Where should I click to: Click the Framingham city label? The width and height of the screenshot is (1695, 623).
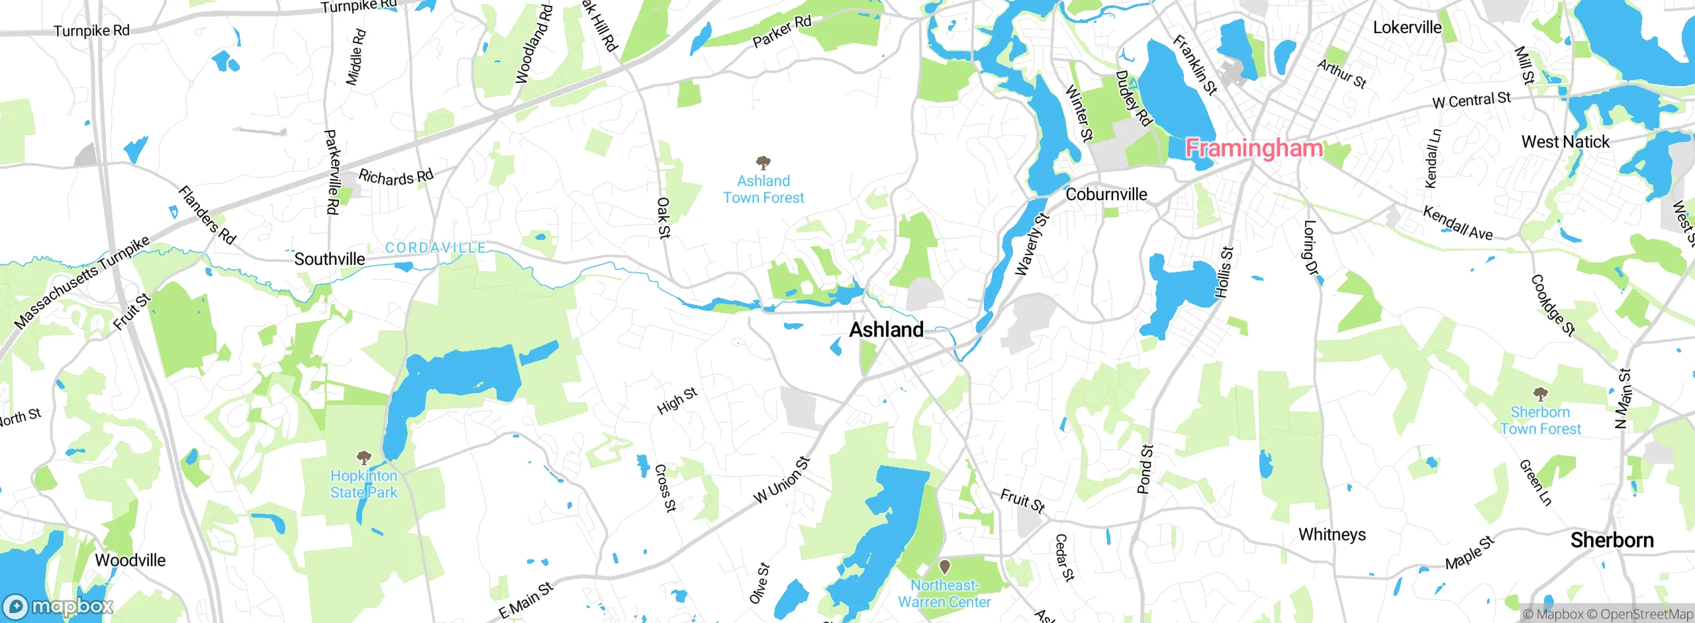click(x=1254, y=147)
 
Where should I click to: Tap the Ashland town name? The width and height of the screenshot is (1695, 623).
click(x=886, y=329)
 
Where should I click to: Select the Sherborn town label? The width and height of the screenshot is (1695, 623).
click(x=1612, y=540)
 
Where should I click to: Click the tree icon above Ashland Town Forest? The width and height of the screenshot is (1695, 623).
click(x=763, y=162)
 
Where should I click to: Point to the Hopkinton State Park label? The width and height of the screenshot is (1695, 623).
click(x=363, y=484)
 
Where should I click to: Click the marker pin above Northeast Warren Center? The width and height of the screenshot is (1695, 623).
click(x=945, y=567)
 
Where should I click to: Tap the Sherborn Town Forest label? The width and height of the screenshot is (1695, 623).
click(x=1540, y=420)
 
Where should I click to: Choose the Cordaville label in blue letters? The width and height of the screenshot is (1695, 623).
click(x=436, y=248)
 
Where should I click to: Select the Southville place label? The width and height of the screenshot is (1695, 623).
click(x=329, y=259)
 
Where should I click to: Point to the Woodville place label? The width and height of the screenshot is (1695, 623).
click(x=130, y=560)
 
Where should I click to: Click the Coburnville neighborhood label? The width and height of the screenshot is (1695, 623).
click(x=1106, y=194)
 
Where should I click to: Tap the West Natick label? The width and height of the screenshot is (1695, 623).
click(x=1565, y=142)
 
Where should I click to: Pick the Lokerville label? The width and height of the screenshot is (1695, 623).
click(x=1407, y=27)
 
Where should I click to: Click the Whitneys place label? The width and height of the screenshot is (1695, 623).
click(x=1332, y=534)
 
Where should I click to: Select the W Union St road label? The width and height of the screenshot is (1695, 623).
click(x=782, y=480)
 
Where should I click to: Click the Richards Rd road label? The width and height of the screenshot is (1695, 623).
click(x=396, y=177)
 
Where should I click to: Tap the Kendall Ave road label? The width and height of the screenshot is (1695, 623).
click(x=1458, y=223)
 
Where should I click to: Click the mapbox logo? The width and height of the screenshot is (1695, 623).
click(x=58, y=606)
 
